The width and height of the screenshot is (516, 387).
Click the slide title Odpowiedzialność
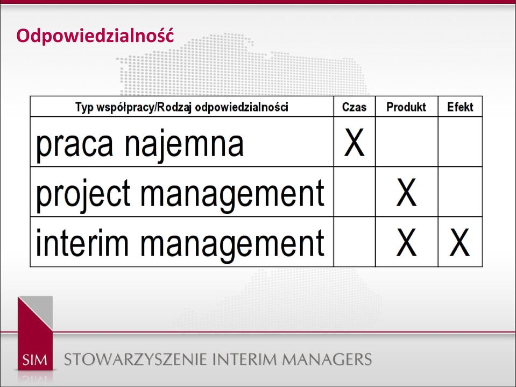[95, 36]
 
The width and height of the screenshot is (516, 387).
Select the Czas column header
[354, 107]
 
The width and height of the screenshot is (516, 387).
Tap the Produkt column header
[406, 107]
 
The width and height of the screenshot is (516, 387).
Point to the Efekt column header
[460, 107]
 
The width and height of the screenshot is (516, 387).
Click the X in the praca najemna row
[354, 142]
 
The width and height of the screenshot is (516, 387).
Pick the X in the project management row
[406, 192]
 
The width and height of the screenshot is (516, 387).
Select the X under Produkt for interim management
[406, 242]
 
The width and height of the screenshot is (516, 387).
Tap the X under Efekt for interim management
[460, 242]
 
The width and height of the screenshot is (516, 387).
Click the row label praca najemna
[139, 145]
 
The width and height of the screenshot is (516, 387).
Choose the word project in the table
[83, 195]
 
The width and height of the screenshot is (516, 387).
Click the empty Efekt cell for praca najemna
[460, 142]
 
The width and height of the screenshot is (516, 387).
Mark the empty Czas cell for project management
[355, 192]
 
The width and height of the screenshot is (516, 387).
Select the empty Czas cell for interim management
[355, 242]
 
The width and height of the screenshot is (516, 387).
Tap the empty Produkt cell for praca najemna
[407, 142]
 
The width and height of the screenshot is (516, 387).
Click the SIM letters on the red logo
[35, 360]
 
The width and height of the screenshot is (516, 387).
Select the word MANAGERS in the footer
[327, 360]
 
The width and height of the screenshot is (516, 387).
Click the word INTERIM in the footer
[244, 360]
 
